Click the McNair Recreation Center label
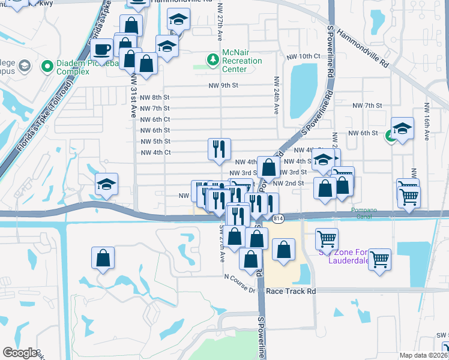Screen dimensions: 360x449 (x=243, y=61)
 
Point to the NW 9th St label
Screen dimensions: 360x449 (x=223, y=86)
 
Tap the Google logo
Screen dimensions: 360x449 (x=20, y=353)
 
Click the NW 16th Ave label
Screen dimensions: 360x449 (x=426, y=121)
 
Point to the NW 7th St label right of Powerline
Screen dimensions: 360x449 (x=367, y=106)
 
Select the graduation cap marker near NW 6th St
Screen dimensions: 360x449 (x=402, y=128)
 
